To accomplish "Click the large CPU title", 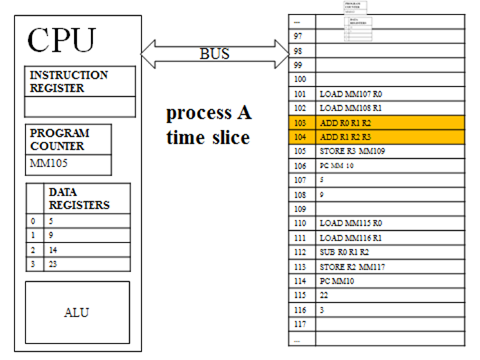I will click(x=61, y=41).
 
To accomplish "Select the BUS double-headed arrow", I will click(x=214, y=53).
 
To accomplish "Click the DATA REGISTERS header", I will click(x=78, y=199).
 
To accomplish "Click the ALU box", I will click(x=77, y=312).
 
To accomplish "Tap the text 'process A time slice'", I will click(x=207, y=125).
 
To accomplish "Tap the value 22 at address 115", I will click(x=324, y=295).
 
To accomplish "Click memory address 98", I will click(x=298, y=51).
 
